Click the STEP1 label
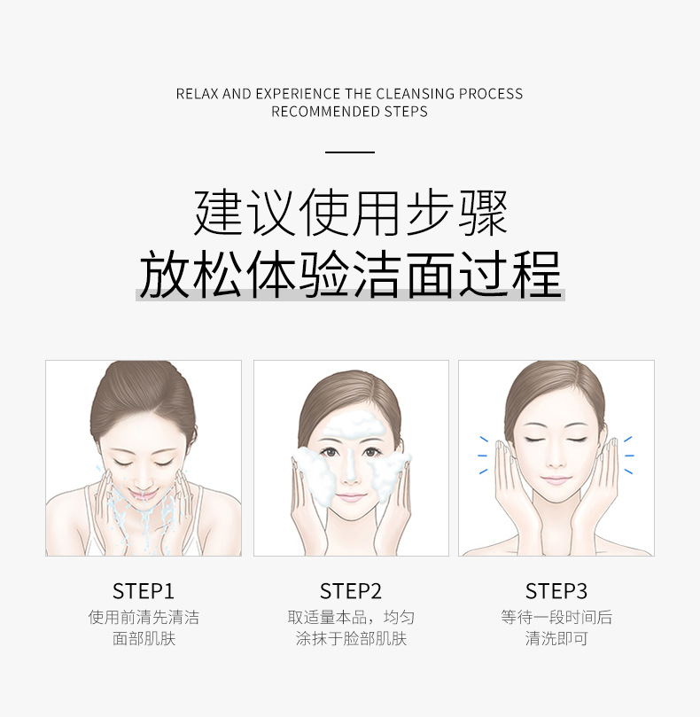pos(144,591)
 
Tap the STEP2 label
pos(351,591)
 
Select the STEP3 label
pos(556,591)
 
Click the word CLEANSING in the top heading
pos(416,94)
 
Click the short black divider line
pos(350,152)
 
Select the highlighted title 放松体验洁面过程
pos(350,274)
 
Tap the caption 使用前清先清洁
pos(144,618)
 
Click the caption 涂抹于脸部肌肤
pos(351,639)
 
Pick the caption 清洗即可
pos(556,639)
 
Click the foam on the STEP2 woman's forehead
pos(351,428)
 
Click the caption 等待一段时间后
pos(556,618)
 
